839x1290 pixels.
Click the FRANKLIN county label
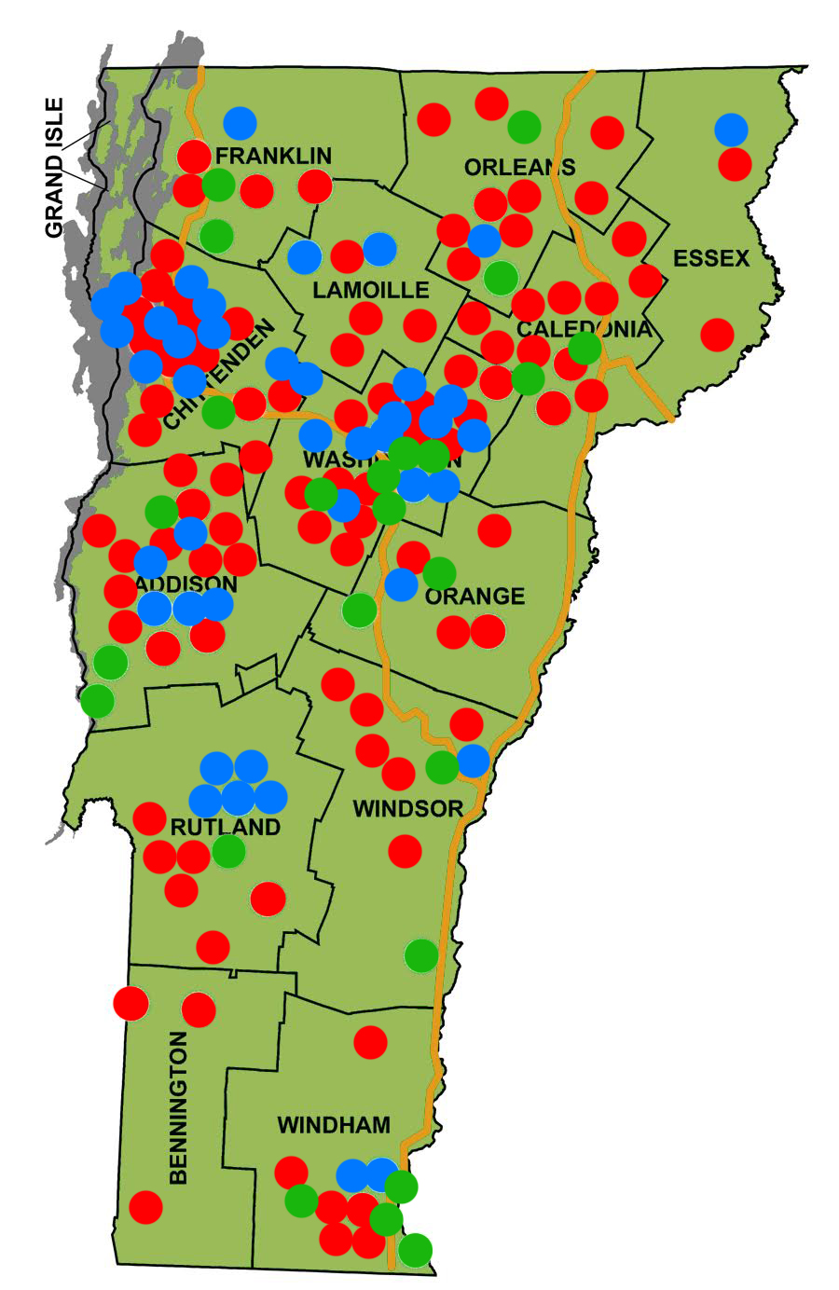[x=273, y=156]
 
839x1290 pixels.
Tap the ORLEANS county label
[x=519, y=167]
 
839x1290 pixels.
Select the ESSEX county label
[x=711, y=258]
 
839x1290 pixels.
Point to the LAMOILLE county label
[x=371, y=290]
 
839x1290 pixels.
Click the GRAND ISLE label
[x=56, y=168]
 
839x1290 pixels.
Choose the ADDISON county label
[x=186, y=584]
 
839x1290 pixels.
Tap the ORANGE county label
[x=475, y=596]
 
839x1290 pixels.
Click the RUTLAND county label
[x=225, y=828]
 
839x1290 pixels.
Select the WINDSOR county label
[x=408, y=808]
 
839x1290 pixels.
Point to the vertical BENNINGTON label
[x=179, y=1107]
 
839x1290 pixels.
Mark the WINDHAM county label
[x=334, y=1125]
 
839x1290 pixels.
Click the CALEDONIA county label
[x=584, y=329]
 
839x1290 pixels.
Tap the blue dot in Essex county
[x=732, y=130]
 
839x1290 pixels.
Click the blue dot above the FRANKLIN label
[x=240, y=122]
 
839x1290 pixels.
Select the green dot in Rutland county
[x=228, y=850]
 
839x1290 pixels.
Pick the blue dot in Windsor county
[x=473, y=761]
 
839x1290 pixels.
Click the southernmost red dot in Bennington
[x=145, y=1207]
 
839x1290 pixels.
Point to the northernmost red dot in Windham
[x=370, y=1042]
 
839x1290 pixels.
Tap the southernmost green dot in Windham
[x=415, y=1249]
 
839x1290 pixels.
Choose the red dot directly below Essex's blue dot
[x=735, y=164]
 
